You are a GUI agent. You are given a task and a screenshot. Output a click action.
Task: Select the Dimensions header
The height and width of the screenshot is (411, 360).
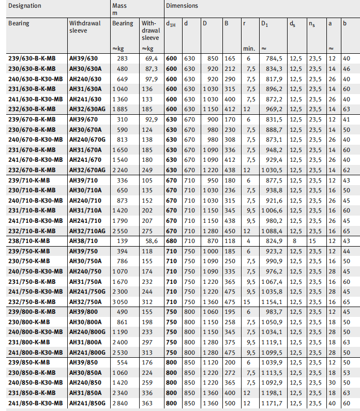coord(182,6)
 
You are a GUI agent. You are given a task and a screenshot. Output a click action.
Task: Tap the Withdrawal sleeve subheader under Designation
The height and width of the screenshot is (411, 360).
coord(82,27)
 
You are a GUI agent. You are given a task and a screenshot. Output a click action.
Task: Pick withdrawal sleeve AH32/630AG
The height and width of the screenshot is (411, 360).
coord(88,110)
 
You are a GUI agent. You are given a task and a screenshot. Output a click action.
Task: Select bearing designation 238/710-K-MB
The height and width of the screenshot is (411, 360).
coord(32,241)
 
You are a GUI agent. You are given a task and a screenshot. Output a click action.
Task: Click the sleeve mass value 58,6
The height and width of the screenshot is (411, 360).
coord(150,241)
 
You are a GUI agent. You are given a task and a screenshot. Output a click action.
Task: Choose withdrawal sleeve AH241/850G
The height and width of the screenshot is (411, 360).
coord(88,403)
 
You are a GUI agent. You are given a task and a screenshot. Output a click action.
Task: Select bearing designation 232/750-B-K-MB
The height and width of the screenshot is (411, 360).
coord(35,301)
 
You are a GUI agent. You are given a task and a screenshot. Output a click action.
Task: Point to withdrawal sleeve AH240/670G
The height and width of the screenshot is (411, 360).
coord(88,140)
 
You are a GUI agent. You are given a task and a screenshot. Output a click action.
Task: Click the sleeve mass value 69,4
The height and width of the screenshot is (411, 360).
coord(150,59)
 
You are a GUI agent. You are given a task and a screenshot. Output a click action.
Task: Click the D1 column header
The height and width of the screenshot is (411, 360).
coord(264,24)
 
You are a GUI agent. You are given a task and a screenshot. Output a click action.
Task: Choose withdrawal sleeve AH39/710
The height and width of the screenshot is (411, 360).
coord(84,180)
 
